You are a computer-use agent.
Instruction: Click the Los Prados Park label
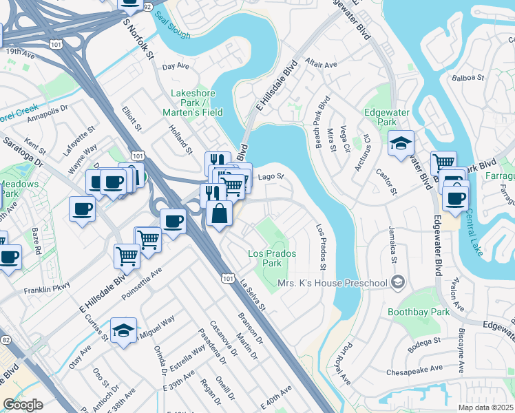(273, 259)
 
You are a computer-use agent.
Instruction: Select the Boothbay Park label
(418, 312)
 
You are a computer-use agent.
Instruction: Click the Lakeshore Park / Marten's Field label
(192, 103)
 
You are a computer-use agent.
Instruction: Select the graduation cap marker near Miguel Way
(123, 331)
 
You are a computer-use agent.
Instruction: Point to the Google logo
(23, 405)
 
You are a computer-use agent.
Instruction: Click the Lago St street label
(271, 177)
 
